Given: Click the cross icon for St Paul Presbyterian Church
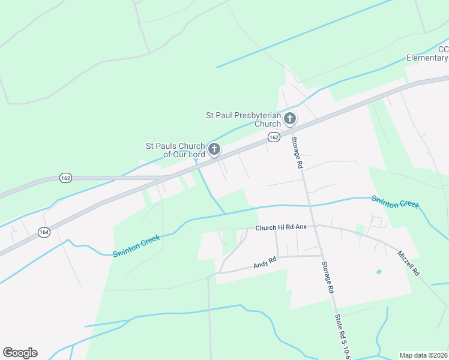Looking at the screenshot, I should [x=290, y=118].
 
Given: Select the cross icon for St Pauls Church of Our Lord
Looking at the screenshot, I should [x=214, y=149].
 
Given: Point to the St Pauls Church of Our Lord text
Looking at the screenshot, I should [x=176, y=150].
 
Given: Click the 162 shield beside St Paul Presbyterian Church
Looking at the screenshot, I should [x=274, y=137].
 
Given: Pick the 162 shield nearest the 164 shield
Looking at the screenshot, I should [x=65, y=178].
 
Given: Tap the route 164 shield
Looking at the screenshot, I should [x=44, y=232].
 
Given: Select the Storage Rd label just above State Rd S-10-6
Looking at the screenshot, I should [x=327, y=277].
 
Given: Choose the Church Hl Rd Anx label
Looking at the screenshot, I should [x=281, y=228].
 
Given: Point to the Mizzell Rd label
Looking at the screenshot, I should [x=409, y=262].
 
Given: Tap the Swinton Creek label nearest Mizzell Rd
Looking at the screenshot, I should [x=394, y=202].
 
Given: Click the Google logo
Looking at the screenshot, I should [x=20, y=353].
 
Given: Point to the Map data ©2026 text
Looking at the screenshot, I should [x=423, y=355].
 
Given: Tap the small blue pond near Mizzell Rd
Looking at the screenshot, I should [x=378, y=272].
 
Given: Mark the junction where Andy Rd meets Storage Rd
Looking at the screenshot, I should [x=322, y=256].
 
